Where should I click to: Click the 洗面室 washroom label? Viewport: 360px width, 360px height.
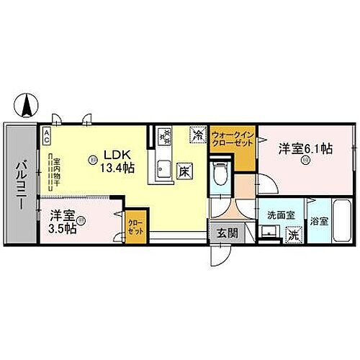(275, 214)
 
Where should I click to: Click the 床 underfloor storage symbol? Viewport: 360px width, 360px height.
(184, 171)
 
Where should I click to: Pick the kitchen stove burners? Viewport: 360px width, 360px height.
(166, 136)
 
